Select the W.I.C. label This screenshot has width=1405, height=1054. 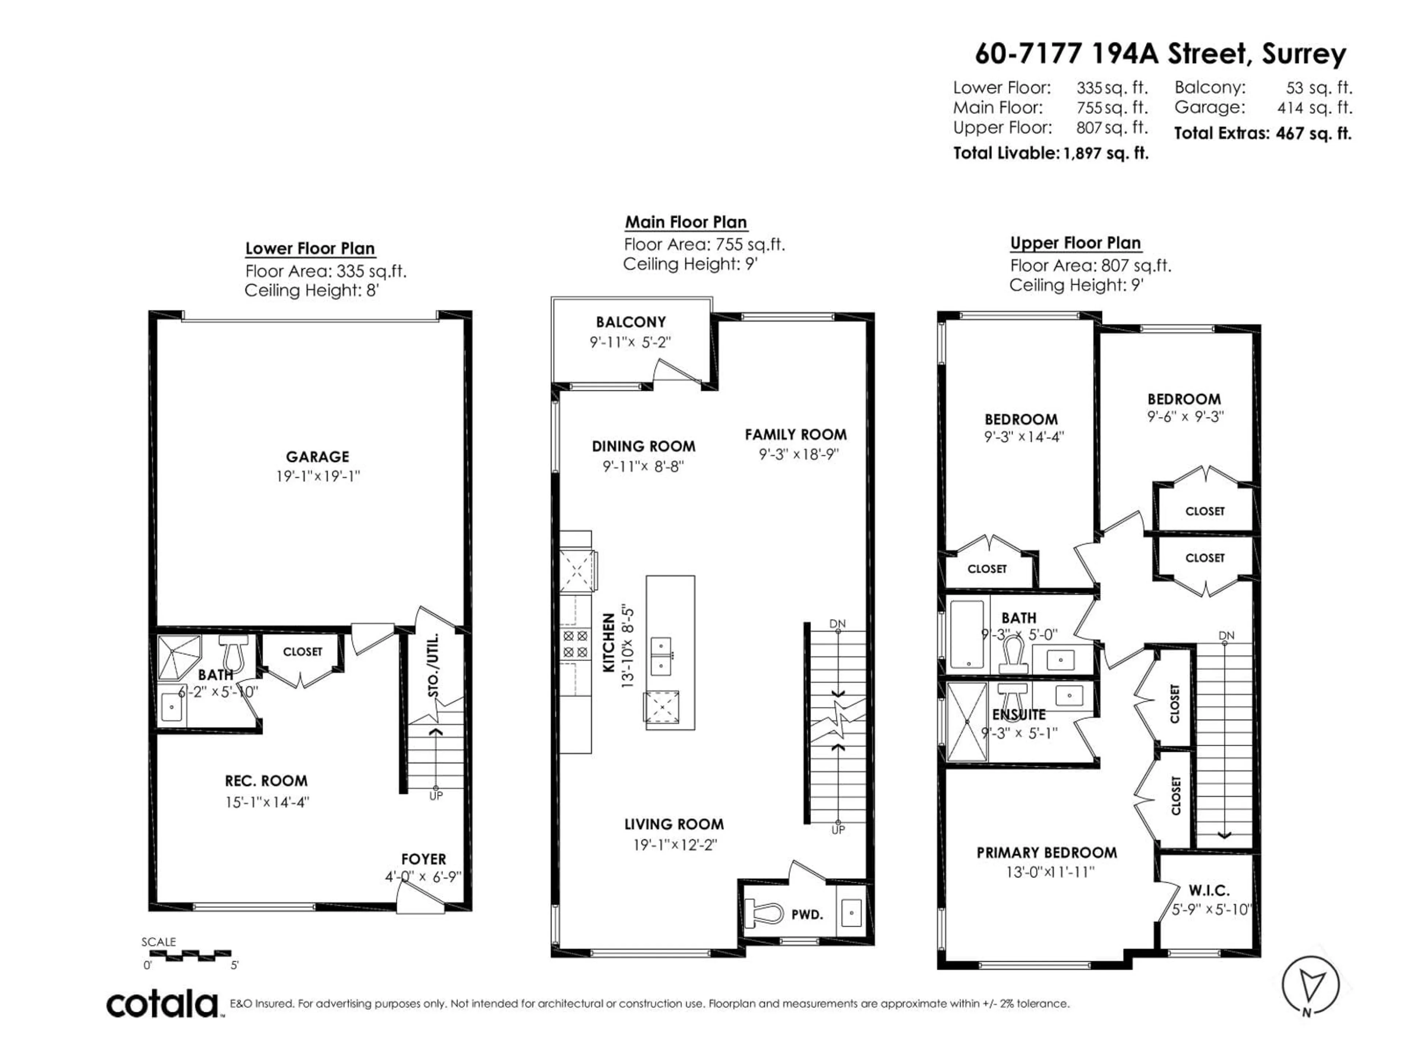pos(1209,890)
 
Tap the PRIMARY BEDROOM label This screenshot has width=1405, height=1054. pos(1046,853)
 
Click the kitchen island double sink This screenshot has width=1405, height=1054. pos(661,656)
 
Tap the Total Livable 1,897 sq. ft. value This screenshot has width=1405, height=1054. pos(1105,153)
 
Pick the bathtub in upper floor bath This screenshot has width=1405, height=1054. pos(966,633)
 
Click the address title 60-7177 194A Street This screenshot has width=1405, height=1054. pos(1160,53)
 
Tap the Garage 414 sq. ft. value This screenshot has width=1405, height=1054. pos(1314,108)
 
